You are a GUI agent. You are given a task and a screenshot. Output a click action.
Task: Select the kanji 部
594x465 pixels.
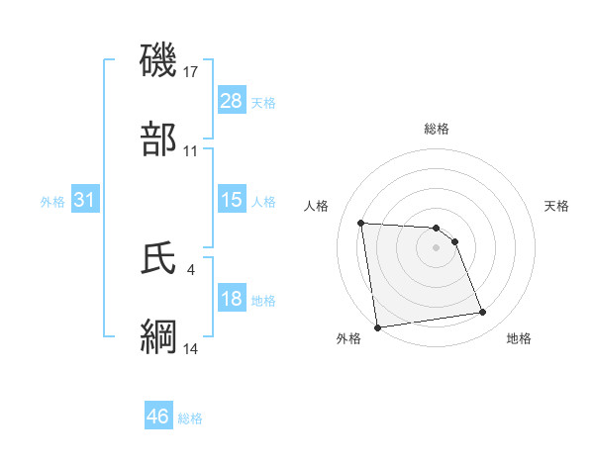(159, 139)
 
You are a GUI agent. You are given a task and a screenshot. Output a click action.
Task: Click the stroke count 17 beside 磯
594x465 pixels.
(191, 72)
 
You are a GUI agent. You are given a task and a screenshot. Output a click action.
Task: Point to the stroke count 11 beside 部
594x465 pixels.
(191, 151)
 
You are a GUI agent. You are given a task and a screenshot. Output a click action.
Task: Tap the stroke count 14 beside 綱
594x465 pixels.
(191, 348)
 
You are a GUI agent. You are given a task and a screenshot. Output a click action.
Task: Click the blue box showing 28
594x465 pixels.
(232, 101)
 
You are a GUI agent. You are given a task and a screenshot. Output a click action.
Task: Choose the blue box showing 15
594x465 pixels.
(232, 200)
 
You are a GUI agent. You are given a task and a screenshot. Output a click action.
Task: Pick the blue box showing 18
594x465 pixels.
(232, 299)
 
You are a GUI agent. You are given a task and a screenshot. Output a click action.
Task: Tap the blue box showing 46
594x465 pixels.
(158, 417)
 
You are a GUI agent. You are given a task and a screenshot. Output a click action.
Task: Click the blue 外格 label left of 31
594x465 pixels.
(52, 201)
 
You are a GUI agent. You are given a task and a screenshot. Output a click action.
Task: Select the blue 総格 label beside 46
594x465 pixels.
(190, 418)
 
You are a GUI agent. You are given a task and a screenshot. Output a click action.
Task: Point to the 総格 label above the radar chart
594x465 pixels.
(436, 129)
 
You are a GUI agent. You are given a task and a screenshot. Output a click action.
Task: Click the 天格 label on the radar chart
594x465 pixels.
(557, 206)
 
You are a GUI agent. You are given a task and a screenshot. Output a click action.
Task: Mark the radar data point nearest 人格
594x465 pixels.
(361, 223)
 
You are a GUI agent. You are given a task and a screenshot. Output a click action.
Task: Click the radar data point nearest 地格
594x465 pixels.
(482, 313)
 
